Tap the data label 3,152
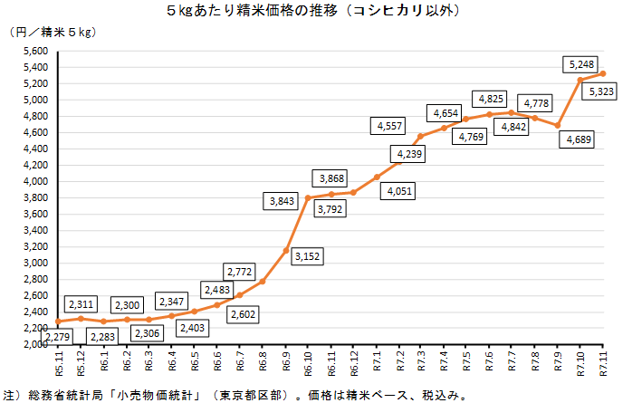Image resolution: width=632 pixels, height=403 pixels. coord(307,256)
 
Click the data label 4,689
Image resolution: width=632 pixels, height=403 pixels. coord(577,139)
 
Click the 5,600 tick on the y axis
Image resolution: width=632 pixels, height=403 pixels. coord(34,52)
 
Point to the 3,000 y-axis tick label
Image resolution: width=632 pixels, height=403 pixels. coord(34,264)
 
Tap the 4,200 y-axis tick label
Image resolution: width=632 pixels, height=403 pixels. coord(34,166)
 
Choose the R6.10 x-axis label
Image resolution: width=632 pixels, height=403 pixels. coord(309,367)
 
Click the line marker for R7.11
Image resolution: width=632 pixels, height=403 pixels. coord(603,73)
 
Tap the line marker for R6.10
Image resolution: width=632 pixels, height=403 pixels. coord(309,197)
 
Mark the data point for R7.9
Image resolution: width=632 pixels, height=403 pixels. coord(558,125)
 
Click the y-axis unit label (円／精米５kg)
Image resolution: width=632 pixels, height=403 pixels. coord(53,33)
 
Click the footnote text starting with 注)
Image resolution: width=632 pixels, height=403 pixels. coord(235,395)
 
